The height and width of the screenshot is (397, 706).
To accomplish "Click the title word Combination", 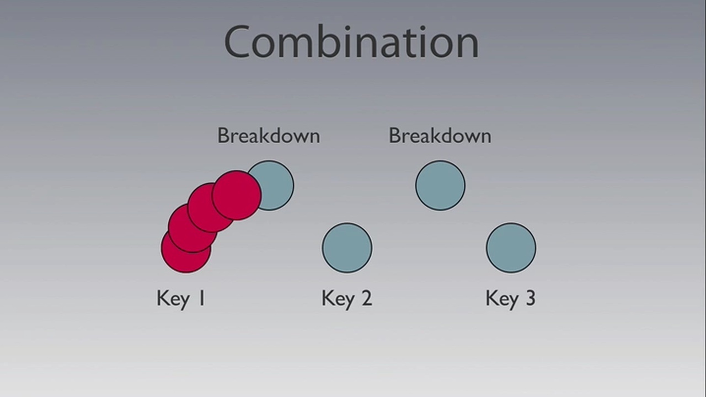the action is [351, 42].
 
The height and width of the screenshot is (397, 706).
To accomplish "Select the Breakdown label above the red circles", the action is [269, 136].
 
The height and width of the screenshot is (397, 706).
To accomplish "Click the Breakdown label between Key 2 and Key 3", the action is [440, 136].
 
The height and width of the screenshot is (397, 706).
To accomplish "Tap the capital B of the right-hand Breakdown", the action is [395, 136].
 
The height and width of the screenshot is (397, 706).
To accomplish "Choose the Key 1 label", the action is [181, 298].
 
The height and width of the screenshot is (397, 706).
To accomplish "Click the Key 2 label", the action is [347, 298].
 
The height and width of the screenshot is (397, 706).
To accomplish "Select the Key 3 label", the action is [511, 298].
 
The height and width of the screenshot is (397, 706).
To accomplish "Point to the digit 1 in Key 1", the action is [201, 298].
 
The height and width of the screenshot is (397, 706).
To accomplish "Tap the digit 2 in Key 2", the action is [367, 298].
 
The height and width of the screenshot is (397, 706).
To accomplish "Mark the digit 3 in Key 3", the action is [531, 298].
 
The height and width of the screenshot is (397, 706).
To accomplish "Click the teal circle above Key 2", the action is [347, 248].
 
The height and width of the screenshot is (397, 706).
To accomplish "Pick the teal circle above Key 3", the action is [511, 248].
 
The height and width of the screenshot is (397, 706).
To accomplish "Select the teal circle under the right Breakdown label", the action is [440, 186].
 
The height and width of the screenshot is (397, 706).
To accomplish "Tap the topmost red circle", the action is [237, 195].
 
